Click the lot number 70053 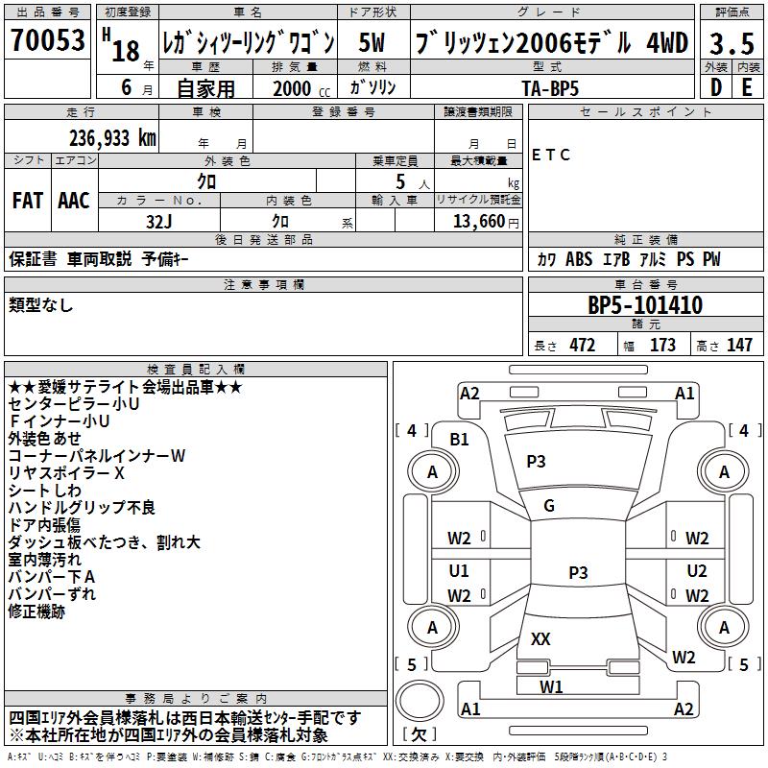[47, 40]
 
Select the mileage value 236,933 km [112, 137]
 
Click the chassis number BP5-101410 [644, 306]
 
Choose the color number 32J [159, 221]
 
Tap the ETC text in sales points [551, 155]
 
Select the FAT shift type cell [28, 200]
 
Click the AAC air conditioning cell [74, 200]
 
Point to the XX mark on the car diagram [540, 639]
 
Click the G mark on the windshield [548, 506]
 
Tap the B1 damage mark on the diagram [460, 440]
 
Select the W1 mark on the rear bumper [551, 686]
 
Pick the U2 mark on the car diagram [697, 571]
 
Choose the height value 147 [739, 346]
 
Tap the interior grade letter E [746, 87]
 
